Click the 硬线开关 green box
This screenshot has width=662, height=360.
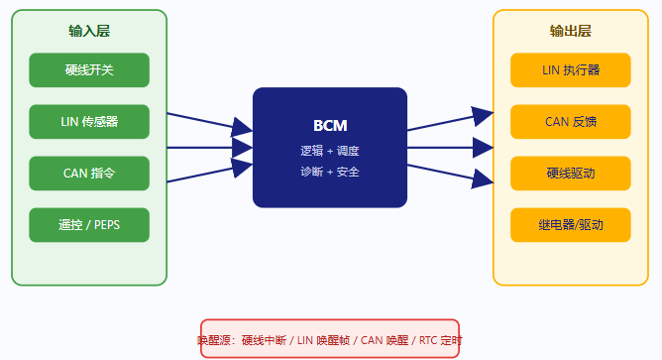pyautogui.click(x=89, y=70)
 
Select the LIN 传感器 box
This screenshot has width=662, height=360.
pyautogui.click(x=89, y=122)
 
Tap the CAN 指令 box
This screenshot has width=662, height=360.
pyautogui.click(x=89, y=174)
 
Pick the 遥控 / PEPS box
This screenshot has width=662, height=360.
pyautogui.click(x=89, y=225)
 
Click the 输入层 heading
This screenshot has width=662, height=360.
pyautogui.click(x=89, y=31)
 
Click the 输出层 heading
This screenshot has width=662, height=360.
pyautogui.click(x=571, y=31)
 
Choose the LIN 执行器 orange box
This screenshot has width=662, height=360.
pyautogui.click(x=571, y=70)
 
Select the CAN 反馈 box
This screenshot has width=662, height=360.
pyautogui.click(x=571, y=122)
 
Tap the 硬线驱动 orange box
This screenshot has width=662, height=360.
pyautogui.click(x=571, y=174)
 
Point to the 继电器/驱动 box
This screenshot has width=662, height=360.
pyautogui.click(x=571, y=225)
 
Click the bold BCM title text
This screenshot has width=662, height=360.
pyautogui.click(x=330, y=126)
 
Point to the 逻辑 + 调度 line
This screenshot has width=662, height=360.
pyautogui.click(x=330, y=151)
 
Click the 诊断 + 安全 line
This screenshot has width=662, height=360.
pyautogui.click(x=330, y=172)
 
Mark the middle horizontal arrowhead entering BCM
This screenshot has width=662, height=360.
pyautogui.click(x=243, y=148)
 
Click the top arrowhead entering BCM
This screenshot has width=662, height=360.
pyautogui.click(x=242, y=127)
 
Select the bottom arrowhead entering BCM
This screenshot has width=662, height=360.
pyautogui.click(x=242, y=168)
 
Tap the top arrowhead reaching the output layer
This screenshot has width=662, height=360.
pyautogui.click(x=483, y=117)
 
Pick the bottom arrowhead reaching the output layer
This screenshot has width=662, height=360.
pyautogui.click(x=483, y=179)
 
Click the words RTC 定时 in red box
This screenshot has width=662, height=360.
pyautogui.click(x=440, y=340)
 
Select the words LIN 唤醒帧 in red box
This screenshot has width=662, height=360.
pyautogui.click(x=323, y=340)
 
